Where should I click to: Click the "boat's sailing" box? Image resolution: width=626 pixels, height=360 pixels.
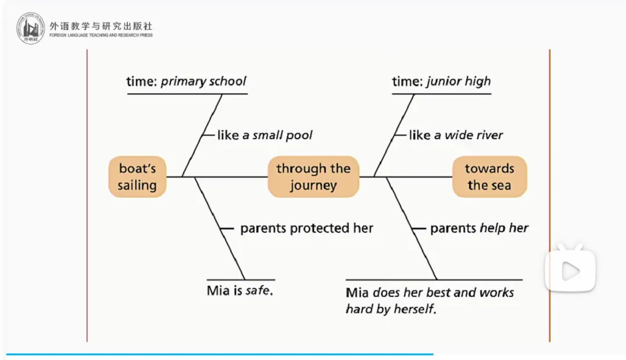[137, 177]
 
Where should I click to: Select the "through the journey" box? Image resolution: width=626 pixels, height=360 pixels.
[314, 177]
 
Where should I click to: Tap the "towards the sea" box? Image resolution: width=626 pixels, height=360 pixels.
[489, 177]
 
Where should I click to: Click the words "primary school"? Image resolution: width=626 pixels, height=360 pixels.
[203, 81]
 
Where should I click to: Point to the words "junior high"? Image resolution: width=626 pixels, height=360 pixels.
[458, 81]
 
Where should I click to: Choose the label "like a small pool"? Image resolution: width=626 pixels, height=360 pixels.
[265, 135]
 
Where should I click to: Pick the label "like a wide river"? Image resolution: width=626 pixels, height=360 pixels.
[456, 135]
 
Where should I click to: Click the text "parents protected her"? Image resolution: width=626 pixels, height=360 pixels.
[307, 228]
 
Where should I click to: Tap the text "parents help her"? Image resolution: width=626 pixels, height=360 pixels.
[479, 228]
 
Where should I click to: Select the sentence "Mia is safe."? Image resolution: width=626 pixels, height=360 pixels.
[239, 290]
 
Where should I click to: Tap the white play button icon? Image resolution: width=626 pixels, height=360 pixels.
[570, 271]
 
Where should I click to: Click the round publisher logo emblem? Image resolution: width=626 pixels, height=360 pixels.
[30, 28]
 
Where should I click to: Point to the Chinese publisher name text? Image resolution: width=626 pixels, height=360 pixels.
[101, 26]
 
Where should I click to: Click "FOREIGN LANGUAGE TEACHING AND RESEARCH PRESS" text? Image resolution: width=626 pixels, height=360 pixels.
[101, 35]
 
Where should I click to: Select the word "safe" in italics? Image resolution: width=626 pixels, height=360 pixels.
[257, 290]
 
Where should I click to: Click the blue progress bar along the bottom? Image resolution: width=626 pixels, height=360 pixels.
[220, 354]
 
